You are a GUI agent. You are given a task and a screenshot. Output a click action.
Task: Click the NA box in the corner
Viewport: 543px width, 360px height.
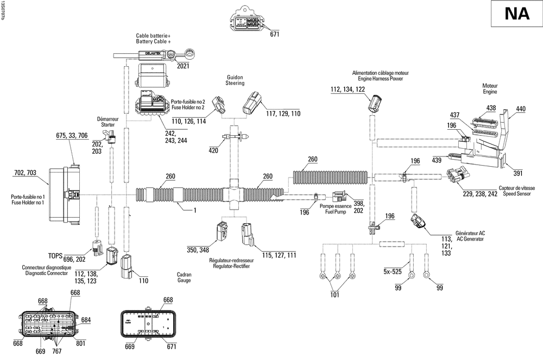(x=517, y=14)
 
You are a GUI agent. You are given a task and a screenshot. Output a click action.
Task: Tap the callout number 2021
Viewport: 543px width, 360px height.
(x=183, y=66)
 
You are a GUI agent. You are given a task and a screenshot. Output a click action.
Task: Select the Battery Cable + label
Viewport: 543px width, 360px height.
(x=154, y=41)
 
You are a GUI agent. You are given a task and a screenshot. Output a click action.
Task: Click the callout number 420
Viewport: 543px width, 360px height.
(x=213, y=150)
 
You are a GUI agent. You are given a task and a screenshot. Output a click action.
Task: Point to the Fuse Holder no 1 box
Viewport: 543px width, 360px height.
(x=65, y=195)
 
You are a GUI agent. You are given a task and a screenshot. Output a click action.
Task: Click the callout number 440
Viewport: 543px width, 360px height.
(x=521, y=109)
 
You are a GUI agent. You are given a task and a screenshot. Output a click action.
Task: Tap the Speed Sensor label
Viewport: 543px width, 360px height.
(x=517, y=194)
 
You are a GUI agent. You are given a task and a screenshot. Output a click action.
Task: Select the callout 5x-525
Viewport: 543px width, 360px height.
(x=393, y=271)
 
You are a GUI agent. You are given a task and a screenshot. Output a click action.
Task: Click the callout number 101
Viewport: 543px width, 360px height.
(x=334, y=295)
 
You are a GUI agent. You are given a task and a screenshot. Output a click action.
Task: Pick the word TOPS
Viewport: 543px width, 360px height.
(x=55, y=256)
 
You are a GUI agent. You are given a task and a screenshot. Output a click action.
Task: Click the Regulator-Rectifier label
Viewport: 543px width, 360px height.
(x=231, y=266)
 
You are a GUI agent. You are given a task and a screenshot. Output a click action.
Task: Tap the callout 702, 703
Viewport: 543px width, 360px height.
(x=26, y=173)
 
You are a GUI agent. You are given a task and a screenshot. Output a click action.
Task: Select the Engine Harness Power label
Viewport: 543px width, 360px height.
(x=380, y=79)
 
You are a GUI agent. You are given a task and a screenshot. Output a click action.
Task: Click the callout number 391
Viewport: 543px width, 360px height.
(x=517, y=173)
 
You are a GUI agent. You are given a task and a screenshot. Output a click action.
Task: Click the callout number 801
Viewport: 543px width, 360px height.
(x=80, y=343)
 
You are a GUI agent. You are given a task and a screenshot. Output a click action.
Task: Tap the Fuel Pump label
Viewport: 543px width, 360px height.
(x=336, y=212)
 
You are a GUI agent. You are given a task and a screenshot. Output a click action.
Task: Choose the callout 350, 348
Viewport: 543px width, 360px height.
(x=198, y=250)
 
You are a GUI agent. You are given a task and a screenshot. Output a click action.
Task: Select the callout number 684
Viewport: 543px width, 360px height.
(x=86, y=320)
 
